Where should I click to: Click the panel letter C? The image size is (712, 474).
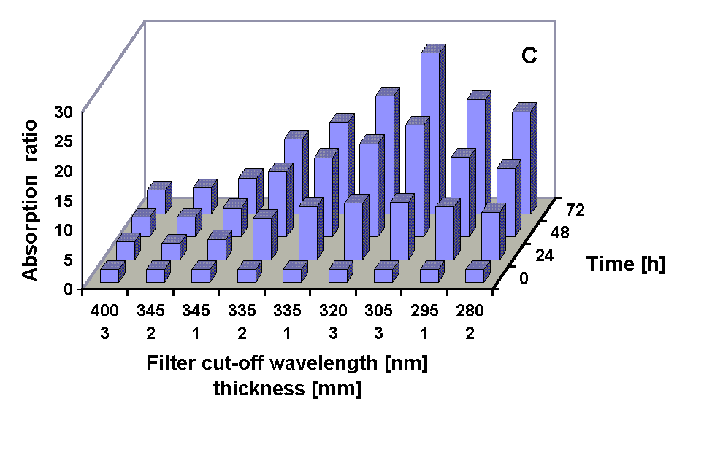pos(529,56)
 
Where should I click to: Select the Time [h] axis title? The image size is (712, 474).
pos(625,265)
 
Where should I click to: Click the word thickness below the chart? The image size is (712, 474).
pos(259,389)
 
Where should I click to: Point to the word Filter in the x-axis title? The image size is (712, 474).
pos(168,363)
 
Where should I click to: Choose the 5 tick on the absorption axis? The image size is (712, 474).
pos(67,259)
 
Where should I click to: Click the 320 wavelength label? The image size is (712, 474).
pos(333,311)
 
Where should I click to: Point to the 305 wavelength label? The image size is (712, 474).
pos(379,311)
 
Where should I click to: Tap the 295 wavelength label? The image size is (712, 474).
pos(425,311)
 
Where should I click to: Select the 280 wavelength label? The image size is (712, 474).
pos(470,311)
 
